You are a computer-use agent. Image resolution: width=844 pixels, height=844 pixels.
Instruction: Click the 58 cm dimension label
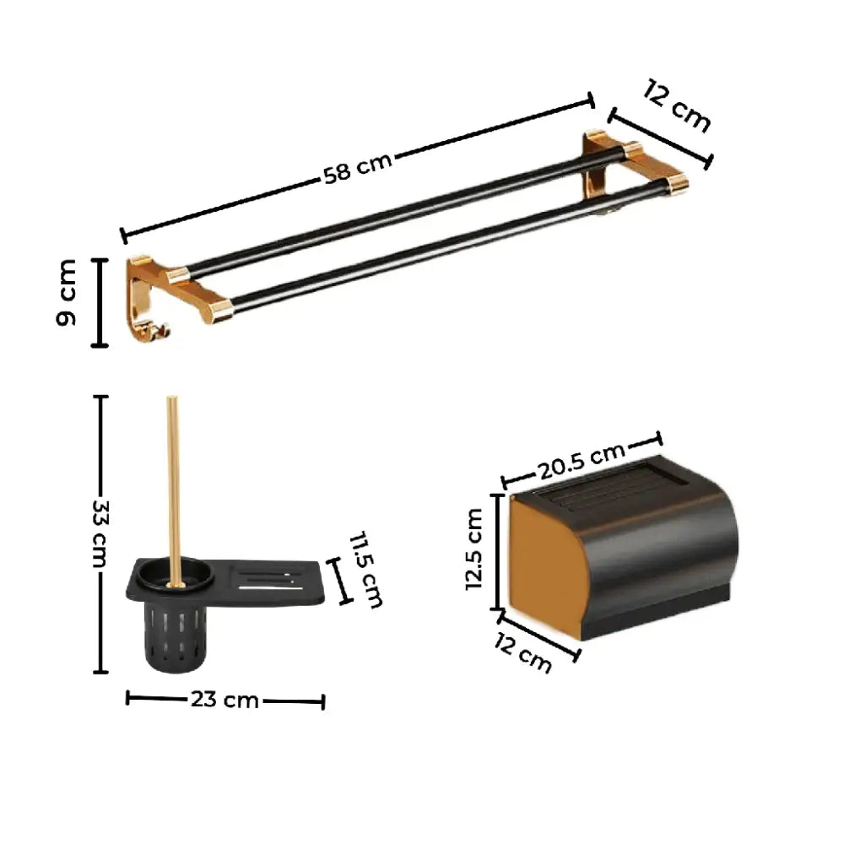(x=357, y=167)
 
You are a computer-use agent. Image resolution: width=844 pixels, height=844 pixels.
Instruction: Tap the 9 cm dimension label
(x=66, y=292)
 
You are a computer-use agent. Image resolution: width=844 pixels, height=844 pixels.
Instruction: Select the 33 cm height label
(x=100, y=534)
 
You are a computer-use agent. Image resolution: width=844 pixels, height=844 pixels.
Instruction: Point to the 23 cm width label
(x=225, y=700)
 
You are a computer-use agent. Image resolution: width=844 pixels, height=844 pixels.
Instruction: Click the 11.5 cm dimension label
(x=366, y=570)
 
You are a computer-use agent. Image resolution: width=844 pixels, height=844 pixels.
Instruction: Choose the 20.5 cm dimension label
(x=582, y=461)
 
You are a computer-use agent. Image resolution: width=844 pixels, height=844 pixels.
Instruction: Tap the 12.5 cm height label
(x=474, y=549)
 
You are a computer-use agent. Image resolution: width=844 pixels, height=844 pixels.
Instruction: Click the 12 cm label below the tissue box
(x=522, y=653)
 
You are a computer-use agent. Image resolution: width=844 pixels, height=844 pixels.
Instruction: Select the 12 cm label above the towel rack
(x=677, y=105)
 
